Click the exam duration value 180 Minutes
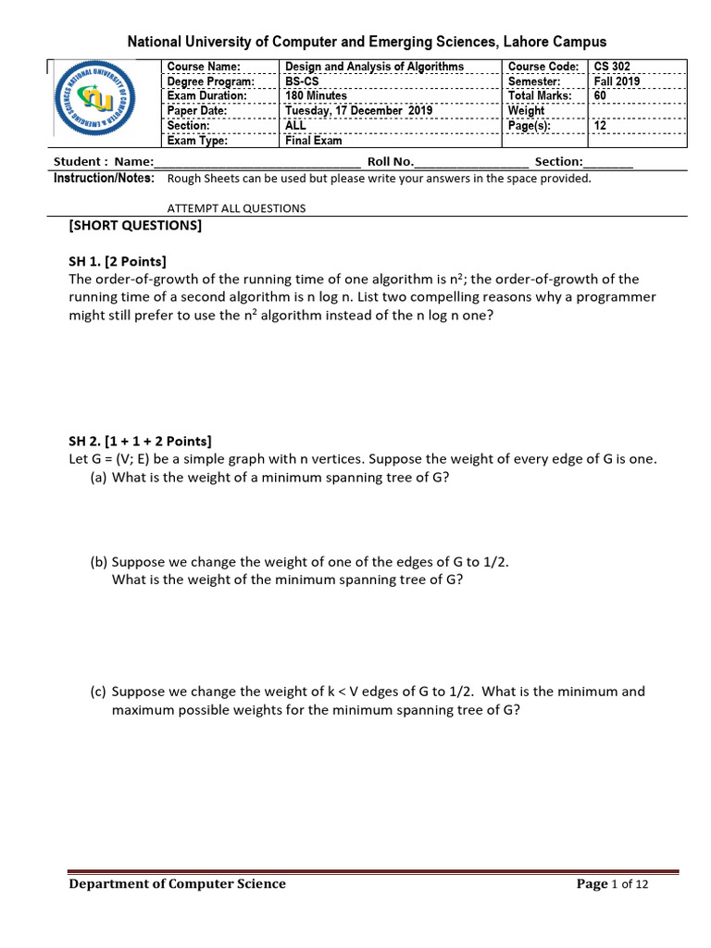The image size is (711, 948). pyautogui.click(x=317, y=96)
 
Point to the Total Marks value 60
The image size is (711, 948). pyautogui.click(x=600, y=96)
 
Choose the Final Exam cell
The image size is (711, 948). pyautogui.click(x=313, y=141)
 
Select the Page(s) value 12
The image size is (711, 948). pyautogui.click(x=600, y=126)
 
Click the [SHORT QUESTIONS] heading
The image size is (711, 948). pyautogui.click(x=135, y=226)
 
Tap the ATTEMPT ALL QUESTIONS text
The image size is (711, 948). pyautogui.click(x=236, y=208)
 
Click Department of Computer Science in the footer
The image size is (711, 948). pyautogui.click(x=178, y=884)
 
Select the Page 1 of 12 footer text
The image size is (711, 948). pyautogui.click(x=612, y=884)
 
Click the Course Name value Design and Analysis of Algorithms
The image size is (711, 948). pyautogui.click(x=374, y=67)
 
